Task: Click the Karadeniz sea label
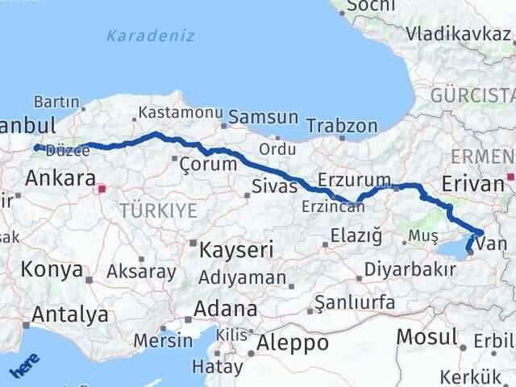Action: point(139,36)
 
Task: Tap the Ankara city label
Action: point(60,178)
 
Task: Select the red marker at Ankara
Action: point(102,190)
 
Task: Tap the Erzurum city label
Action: point(354,179)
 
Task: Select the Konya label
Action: point(52,269)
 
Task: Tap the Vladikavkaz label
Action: point(459,35)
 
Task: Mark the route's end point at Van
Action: point(470,260)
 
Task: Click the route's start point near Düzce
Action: point(36,147)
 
